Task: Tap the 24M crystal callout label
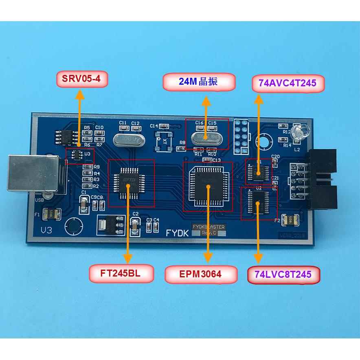200,82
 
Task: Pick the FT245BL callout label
121,273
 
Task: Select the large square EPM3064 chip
208,186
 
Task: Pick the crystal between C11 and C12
129,139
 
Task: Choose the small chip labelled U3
77,154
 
